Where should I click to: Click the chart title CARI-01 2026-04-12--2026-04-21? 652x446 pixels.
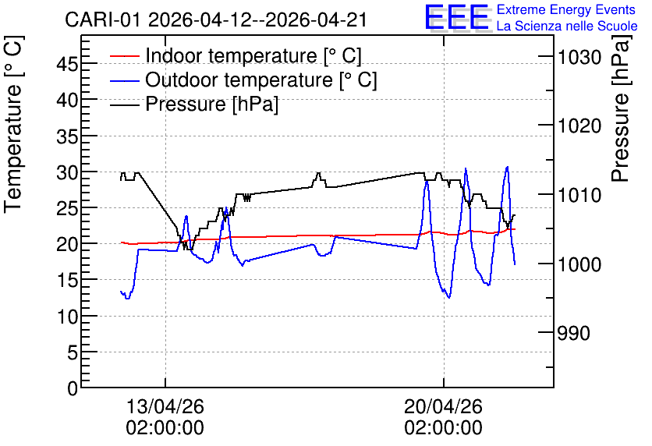click(216, 19)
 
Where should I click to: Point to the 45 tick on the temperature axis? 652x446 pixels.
click(67, 64)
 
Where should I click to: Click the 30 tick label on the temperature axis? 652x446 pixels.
click(67, 172)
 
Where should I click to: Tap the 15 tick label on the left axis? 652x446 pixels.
click(67, 281)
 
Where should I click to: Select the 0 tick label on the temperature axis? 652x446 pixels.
click(73, 388)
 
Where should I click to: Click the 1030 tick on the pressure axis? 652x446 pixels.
click(579, 57)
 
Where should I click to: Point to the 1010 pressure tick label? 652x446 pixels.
click(579, 195)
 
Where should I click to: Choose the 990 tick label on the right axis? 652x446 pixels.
click(573, 333)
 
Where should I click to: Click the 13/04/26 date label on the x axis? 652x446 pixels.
click(165, 406)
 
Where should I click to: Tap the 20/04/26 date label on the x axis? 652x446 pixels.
click(443, 406)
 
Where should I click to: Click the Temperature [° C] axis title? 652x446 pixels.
click(14, 125)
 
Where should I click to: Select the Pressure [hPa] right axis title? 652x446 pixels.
click(621, 108)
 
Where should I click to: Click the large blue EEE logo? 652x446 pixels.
click(456, 17)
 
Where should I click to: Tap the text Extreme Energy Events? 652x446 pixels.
click(566, 9)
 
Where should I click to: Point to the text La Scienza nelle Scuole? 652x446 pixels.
click(567, 26)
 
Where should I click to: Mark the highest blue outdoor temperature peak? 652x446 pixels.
click(507, 167)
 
